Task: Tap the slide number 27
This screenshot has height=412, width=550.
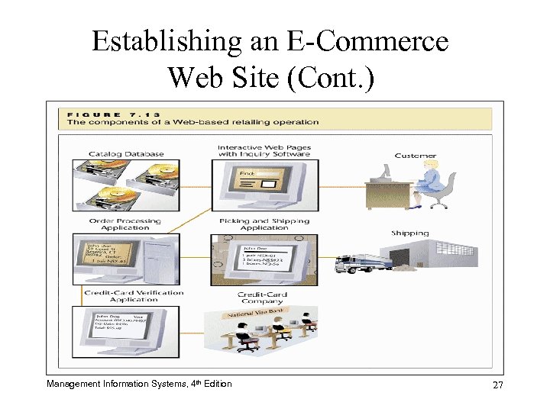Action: (497, 385)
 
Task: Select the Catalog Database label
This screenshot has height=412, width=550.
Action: (126, 154)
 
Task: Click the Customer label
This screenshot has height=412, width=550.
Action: (416, 156)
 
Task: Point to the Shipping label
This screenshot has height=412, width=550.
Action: (410, 233)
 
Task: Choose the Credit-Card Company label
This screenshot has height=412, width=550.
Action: (263, 298)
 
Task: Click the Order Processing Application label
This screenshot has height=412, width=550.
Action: (126, 224)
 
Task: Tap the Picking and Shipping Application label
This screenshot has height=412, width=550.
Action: (264, 224)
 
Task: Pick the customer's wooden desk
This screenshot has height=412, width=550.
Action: (391, 192)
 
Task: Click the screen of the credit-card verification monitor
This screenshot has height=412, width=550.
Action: (120, 326)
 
